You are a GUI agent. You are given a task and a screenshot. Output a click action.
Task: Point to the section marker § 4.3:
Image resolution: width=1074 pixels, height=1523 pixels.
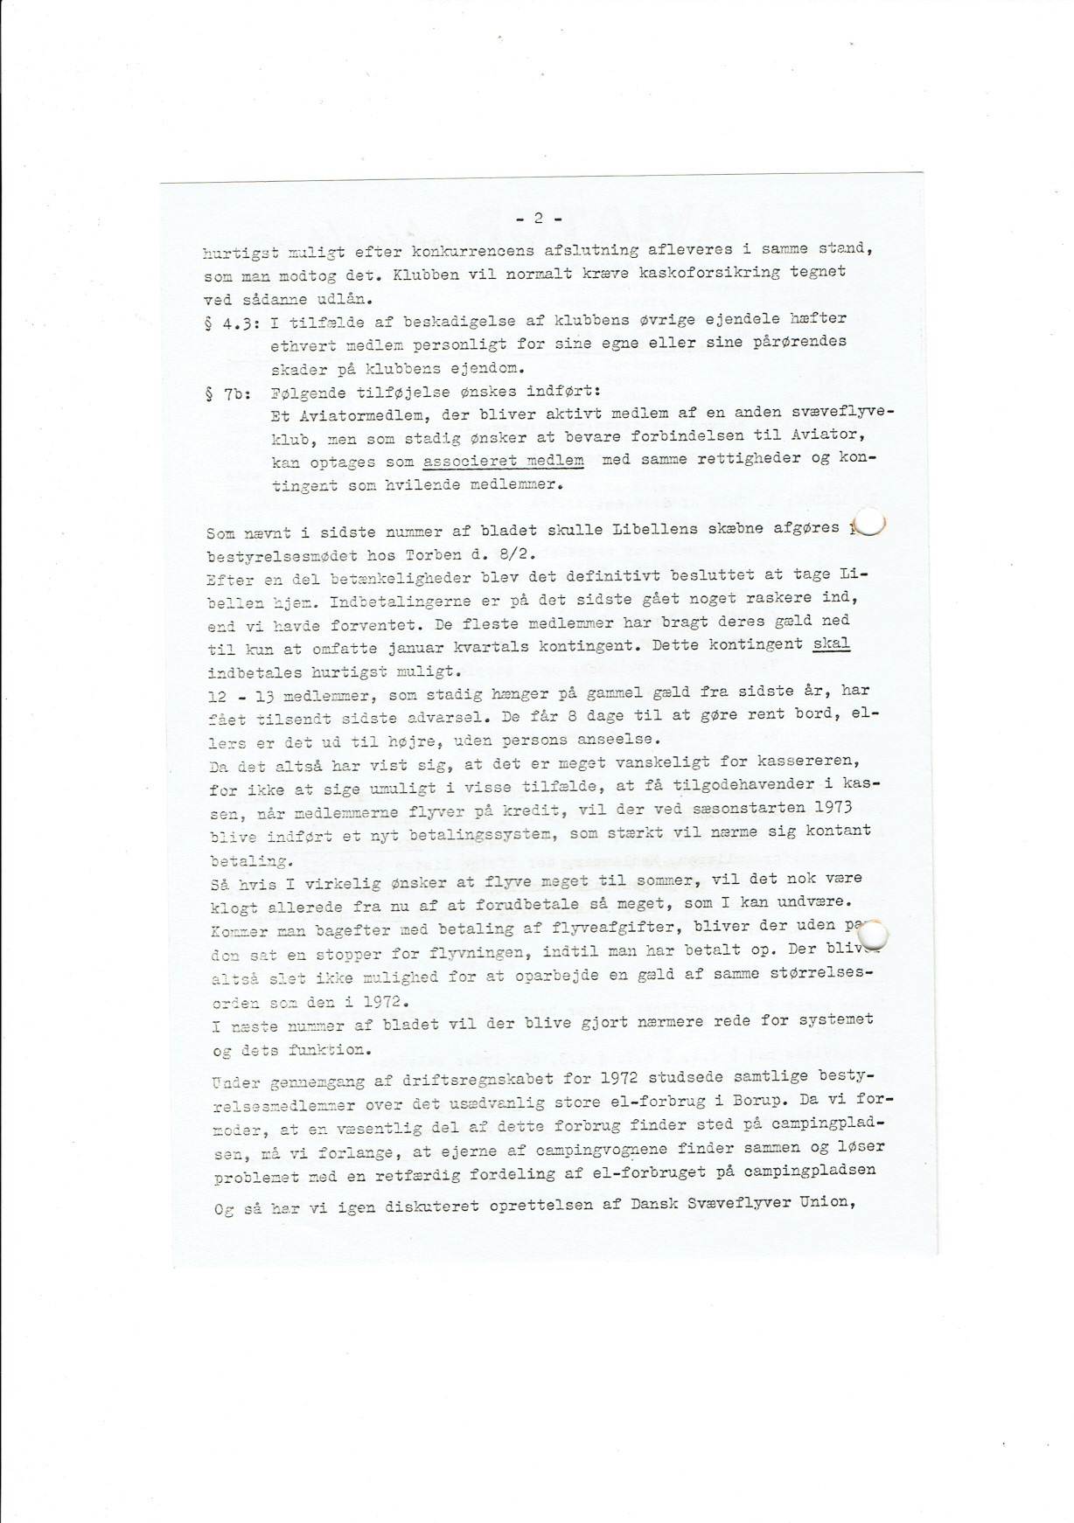coord(228,323)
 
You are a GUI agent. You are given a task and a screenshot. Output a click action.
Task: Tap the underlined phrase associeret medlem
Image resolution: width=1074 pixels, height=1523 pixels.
coord(503,461)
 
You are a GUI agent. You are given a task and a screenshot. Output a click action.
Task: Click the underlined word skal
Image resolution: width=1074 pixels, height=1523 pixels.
coord(831,644)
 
